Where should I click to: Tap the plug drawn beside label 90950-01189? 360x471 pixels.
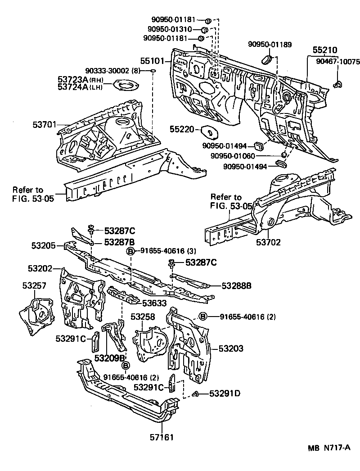coord(267,59)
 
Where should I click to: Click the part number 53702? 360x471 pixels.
coord(268,242)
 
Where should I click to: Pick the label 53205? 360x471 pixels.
coord(44,245)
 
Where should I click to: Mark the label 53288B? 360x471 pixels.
coord(236,285)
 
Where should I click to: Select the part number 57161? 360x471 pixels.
coord(162,436)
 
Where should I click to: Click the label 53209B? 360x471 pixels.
coord(109,358)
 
